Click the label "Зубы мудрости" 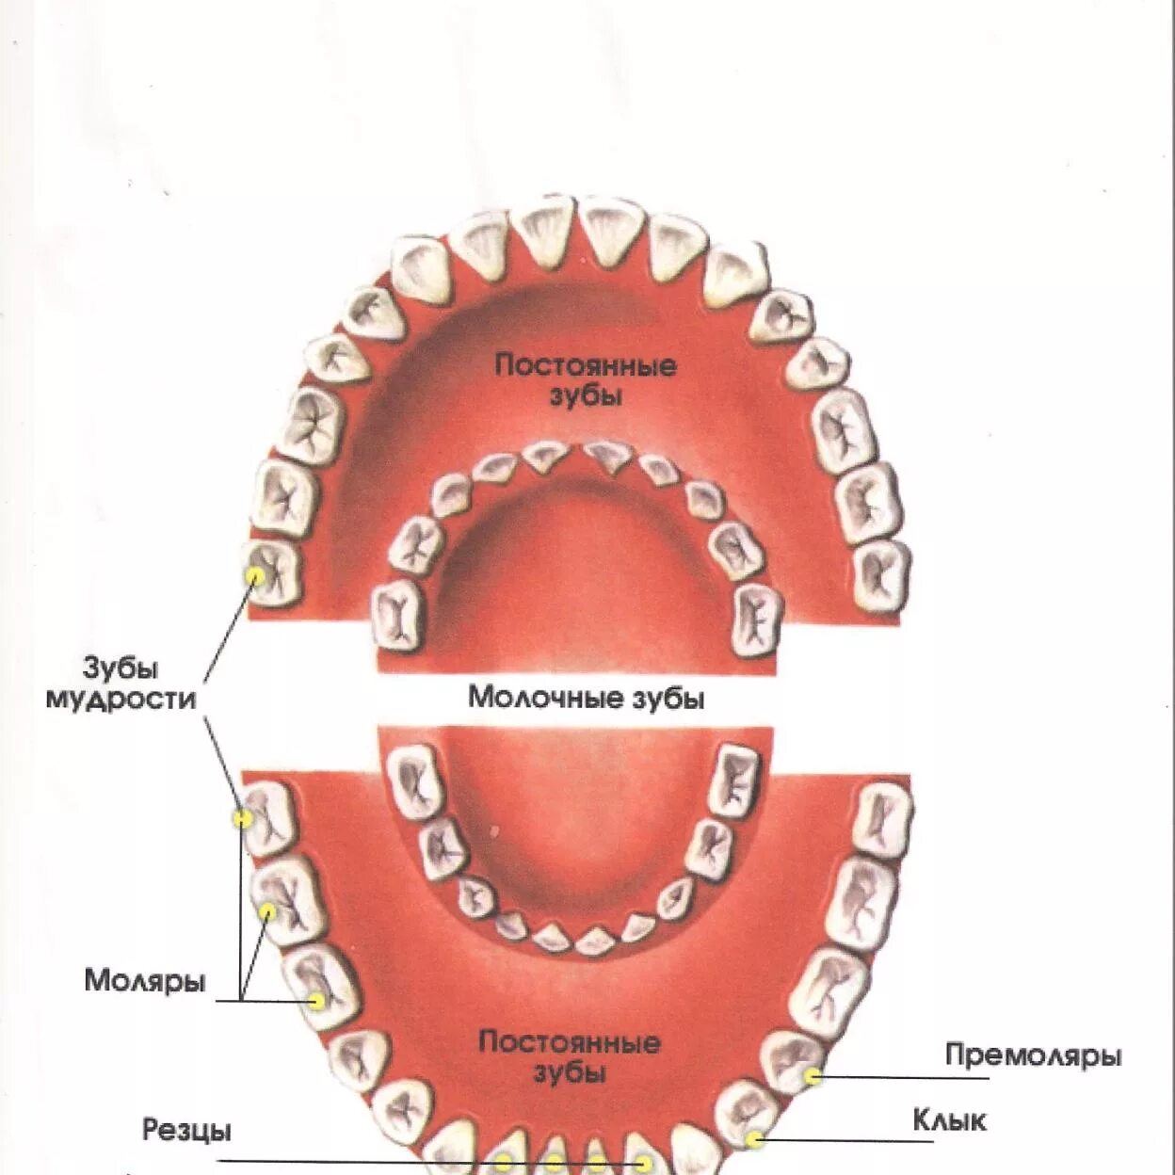point(121,684)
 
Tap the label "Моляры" point(144,980)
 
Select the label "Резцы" point(186,1129)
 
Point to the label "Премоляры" point(1033,1055)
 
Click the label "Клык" point(949,1120)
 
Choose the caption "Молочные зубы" point(586,699)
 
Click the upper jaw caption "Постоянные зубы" point(586,379)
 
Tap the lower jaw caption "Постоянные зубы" point(570,1057)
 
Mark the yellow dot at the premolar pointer point(813,1075)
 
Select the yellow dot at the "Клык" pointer point(754,1140)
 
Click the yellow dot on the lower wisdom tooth point(243,819)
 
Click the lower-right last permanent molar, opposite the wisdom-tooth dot point(882,819)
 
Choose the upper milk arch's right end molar point(757,619)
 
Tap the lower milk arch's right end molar point(733,781)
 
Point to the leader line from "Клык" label point(847,1141)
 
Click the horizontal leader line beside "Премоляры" point(894,1077)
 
